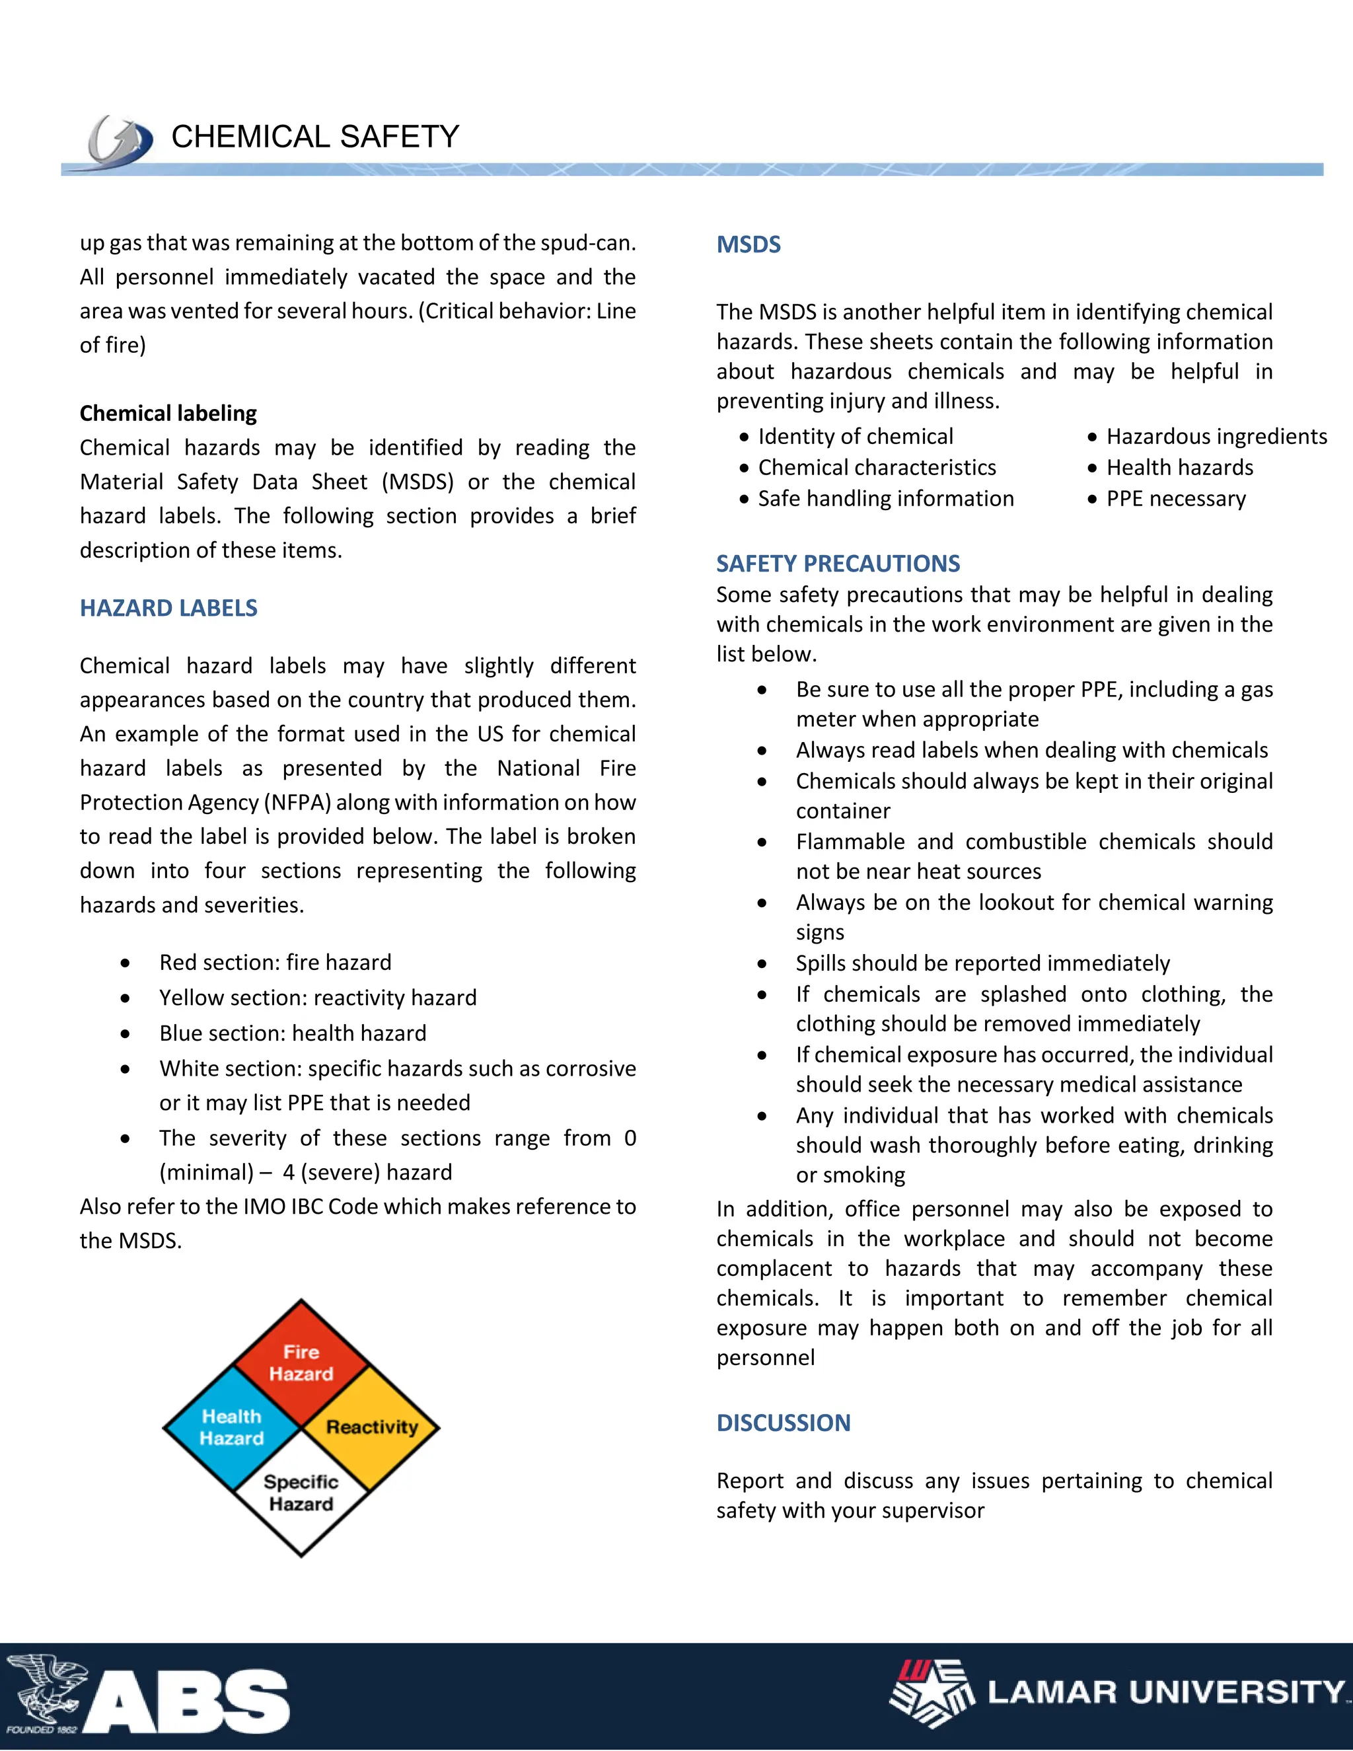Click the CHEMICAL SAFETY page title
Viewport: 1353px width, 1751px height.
315,137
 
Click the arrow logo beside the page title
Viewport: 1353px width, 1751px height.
120,142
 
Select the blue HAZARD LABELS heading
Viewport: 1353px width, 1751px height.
168,608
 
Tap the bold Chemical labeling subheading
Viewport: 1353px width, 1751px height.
168,413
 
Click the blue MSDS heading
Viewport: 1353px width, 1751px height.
748,244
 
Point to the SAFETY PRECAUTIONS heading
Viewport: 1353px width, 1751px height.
838,564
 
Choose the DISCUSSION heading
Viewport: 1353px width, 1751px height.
783,1423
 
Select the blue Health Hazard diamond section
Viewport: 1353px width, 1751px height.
231,1428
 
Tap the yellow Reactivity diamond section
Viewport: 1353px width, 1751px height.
372,1427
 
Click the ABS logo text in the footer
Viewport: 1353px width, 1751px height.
188,1701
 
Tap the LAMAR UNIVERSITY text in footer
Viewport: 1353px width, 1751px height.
1165,1692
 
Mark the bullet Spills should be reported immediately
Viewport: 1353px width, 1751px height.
982,963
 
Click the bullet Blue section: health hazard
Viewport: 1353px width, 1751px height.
293,1033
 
